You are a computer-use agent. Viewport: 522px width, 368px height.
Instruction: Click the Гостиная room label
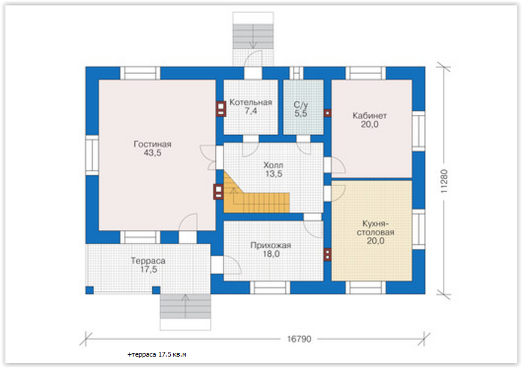coord(152,144)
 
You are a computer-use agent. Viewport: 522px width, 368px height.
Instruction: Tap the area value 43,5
coord(152,153)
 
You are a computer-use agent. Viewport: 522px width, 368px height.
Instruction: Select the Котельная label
coord(251,102)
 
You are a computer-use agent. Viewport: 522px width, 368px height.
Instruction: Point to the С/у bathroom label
coord(301,105)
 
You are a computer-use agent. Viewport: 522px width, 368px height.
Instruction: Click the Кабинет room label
coord(370,115)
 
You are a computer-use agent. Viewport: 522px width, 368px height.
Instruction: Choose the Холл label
coord(273,165)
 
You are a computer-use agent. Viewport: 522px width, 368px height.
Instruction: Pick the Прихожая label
coord(271,245)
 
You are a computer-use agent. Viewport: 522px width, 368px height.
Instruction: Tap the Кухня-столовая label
coord(376,228)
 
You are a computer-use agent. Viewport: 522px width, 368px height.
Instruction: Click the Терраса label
coord(148,261)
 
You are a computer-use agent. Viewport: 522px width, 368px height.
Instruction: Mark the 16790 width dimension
coord(299,339)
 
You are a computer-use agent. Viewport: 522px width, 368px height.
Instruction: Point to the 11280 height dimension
coord(444,181)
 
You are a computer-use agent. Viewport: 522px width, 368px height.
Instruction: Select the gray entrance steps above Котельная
coord(253,37)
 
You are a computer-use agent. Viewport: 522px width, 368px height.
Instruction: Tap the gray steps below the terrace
coord(185,306)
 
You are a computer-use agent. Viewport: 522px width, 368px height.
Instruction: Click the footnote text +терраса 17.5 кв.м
coord(156,354)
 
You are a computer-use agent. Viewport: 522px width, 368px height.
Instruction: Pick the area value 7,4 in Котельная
coord(251,111)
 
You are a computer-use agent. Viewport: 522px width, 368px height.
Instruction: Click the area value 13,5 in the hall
coord(274,174)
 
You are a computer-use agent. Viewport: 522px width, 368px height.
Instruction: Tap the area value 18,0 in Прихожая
coord(271,254)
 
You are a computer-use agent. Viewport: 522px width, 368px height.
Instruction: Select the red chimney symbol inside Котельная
coord(221,108)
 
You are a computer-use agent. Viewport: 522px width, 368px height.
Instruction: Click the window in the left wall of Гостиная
coord(92,155)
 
